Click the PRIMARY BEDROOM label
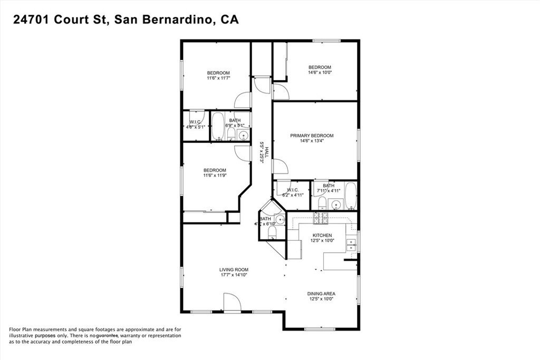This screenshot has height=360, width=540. pyautogui.click(x=312, y=135)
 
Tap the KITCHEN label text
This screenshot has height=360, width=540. pyautogui.click(x=322, y=235)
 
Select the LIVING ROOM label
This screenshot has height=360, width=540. pyautogui.click(x=233, y=269)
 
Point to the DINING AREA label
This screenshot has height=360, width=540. pyautogui.click(x=322, y=294)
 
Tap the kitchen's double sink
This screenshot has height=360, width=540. pyautogui.click(x=351, y=244)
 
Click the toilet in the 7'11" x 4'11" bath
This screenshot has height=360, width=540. pyautogui.click(x=323, y=202)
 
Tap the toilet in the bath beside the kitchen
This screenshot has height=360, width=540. pyautogui.click(x=272, y=231)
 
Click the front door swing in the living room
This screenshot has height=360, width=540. pyautogui.click(x=232, y=303)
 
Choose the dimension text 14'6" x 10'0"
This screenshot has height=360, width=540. pyautogui.click(x=319, y=73)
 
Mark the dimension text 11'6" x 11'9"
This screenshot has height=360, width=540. pyautogui.click(x=215, y=176)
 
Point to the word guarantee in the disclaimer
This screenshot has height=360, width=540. pyautogui.click(x=106, y=335)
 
